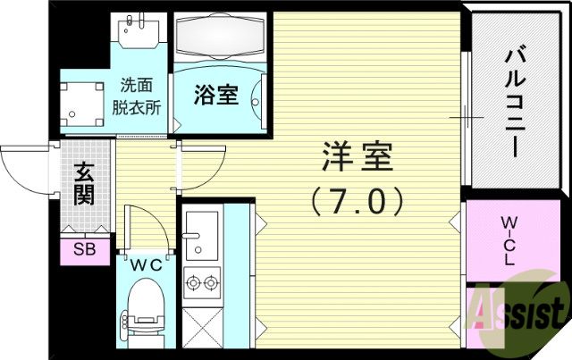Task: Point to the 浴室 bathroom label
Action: click(216, 93)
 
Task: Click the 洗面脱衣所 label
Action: click(140, 96)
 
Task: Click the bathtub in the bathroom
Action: click(218, 39)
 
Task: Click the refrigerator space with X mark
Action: click(204, 331)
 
